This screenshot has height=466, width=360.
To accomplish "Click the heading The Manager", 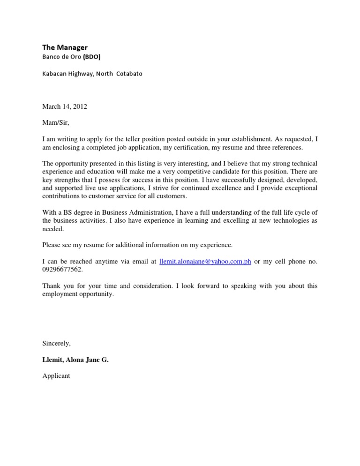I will click(65, 47).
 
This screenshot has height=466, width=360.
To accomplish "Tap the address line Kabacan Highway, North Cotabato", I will click(92, 74).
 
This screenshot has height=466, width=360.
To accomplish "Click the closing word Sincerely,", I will click(57, 343).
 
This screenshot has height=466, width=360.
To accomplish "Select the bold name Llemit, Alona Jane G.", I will click(75, 360).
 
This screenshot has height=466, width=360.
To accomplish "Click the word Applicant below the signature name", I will click(56, 376).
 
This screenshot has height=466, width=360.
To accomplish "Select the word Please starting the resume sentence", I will click(52, 245).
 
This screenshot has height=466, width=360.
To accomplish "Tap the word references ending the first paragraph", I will click(286, 147).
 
